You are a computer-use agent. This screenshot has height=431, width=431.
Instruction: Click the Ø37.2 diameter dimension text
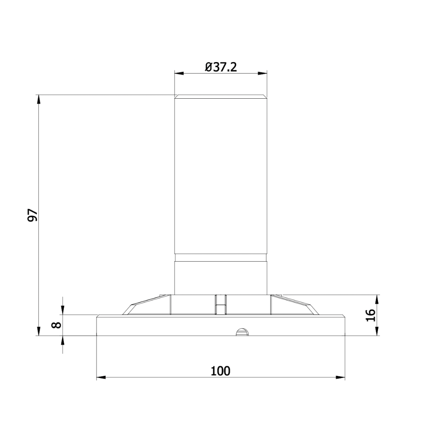[x=221, y=67]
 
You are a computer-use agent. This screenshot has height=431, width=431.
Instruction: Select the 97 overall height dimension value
[x=33, y=215]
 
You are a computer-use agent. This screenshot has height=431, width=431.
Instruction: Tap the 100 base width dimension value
[x=221, y=371]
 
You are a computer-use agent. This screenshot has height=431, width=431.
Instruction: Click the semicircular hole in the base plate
[x=243, y=331]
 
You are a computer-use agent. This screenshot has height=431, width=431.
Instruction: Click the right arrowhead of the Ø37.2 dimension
[x=263, y=73]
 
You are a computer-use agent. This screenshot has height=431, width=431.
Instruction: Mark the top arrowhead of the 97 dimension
[x=39, y=99]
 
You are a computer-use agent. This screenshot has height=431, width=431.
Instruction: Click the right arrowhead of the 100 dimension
[x=341, y=378]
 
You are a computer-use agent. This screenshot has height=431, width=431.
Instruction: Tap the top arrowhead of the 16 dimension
[x=378, y=299]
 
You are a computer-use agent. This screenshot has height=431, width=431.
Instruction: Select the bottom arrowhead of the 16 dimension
[x=378, y=331]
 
